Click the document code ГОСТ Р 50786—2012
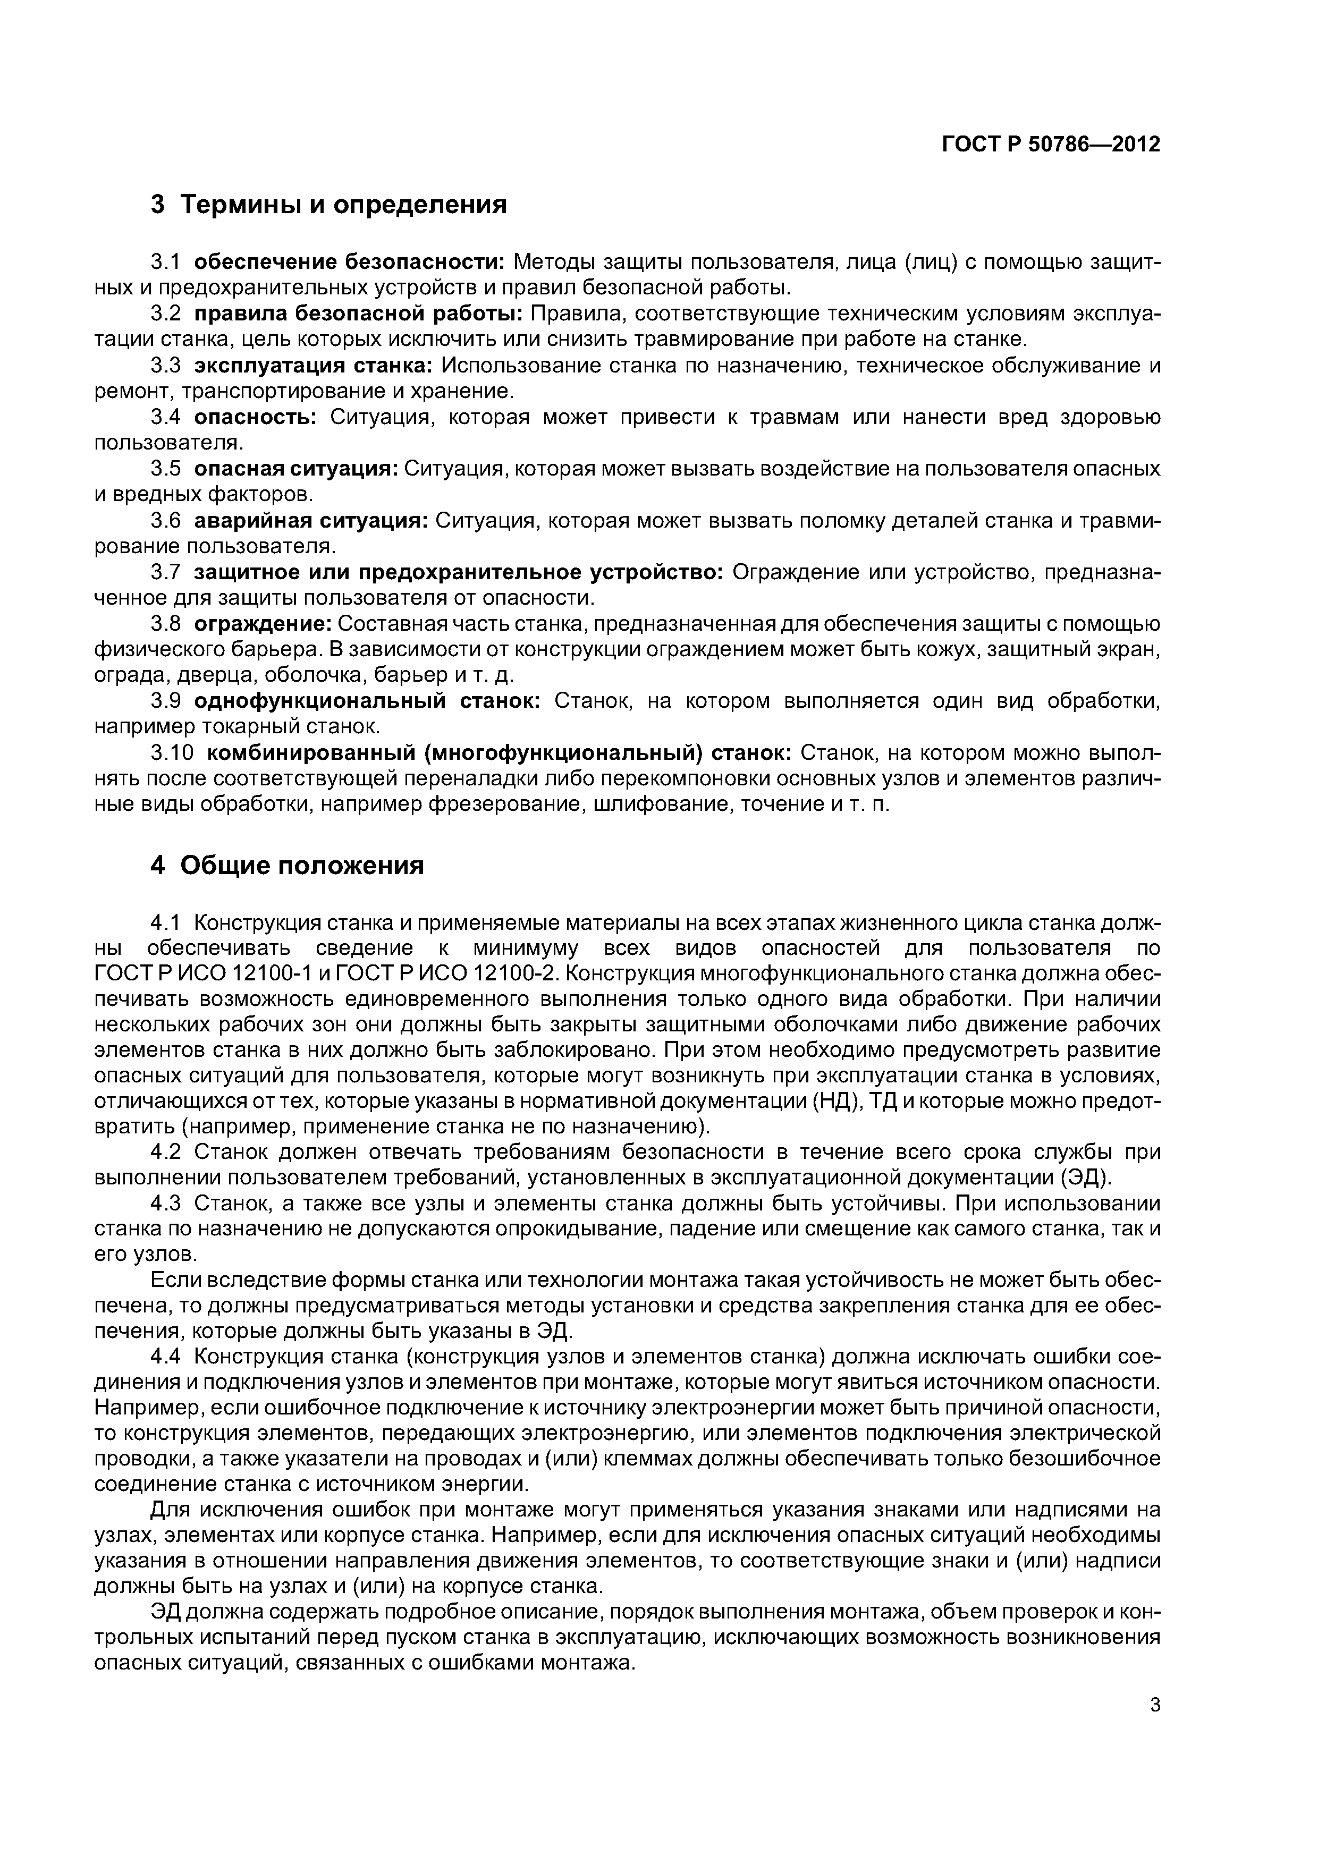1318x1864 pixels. [x=1050, y=145]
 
